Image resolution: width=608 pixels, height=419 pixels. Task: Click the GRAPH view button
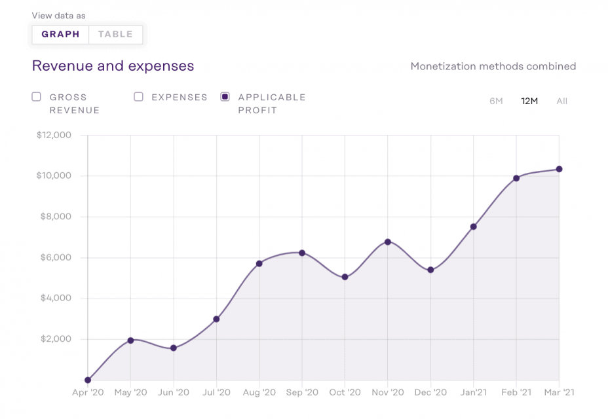point(60,35)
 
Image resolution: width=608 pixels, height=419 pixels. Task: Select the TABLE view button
point(115,35)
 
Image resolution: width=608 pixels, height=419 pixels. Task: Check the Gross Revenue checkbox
point(37,97)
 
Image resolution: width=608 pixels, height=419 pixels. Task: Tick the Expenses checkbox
point(138,97)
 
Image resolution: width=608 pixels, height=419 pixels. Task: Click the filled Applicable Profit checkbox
point(225,97)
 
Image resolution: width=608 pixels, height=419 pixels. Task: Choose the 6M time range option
point(496,101)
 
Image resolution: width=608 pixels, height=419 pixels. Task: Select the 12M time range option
point(529,101)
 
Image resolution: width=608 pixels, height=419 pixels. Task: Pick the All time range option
point(561,101)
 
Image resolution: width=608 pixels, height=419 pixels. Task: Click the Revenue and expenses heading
point(113,66)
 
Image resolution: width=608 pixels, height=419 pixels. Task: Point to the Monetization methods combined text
point(493,66)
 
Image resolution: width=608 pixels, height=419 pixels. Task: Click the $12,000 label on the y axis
point(54,136)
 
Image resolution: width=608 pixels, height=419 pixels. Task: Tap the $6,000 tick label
point(56,257)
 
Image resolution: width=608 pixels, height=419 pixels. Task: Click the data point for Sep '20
point(302,253)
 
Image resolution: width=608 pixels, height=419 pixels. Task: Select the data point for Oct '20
point(345,277)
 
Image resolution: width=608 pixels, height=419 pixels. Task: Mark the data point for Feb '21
point(516,178)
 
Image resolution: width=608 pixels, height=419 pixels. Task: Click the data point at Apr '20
point(88,380)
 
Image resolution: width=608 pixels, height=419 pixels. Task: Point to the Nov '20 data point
point(388,242)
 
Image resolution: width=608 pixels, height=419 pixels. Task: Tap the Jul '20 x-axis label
point(216,393)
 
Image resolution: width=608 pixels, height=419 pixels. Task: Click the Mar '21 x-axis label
point(559,393)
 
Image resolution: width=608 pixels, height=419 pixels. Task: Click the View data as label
point(58,16)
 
